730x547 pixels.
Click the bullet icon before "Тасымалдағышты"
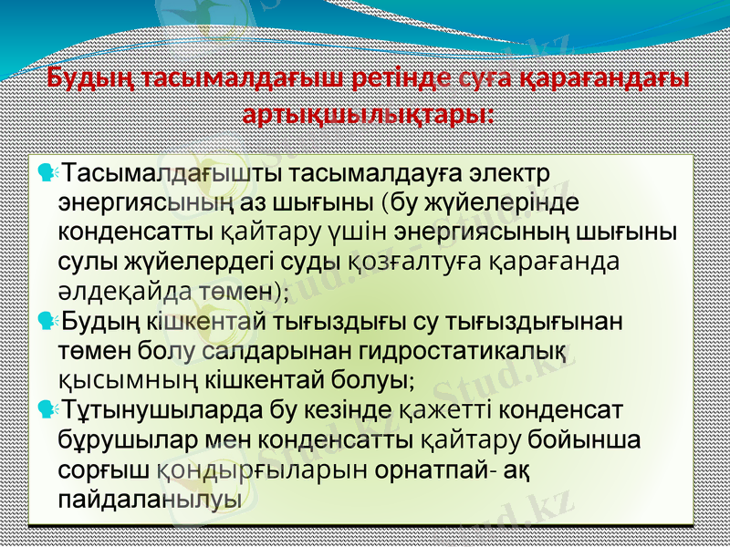[x=47, y=171]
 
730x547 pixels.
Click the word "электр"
[x=507, y=172]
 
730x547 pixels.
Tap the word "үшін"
[x=368, y=231]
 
